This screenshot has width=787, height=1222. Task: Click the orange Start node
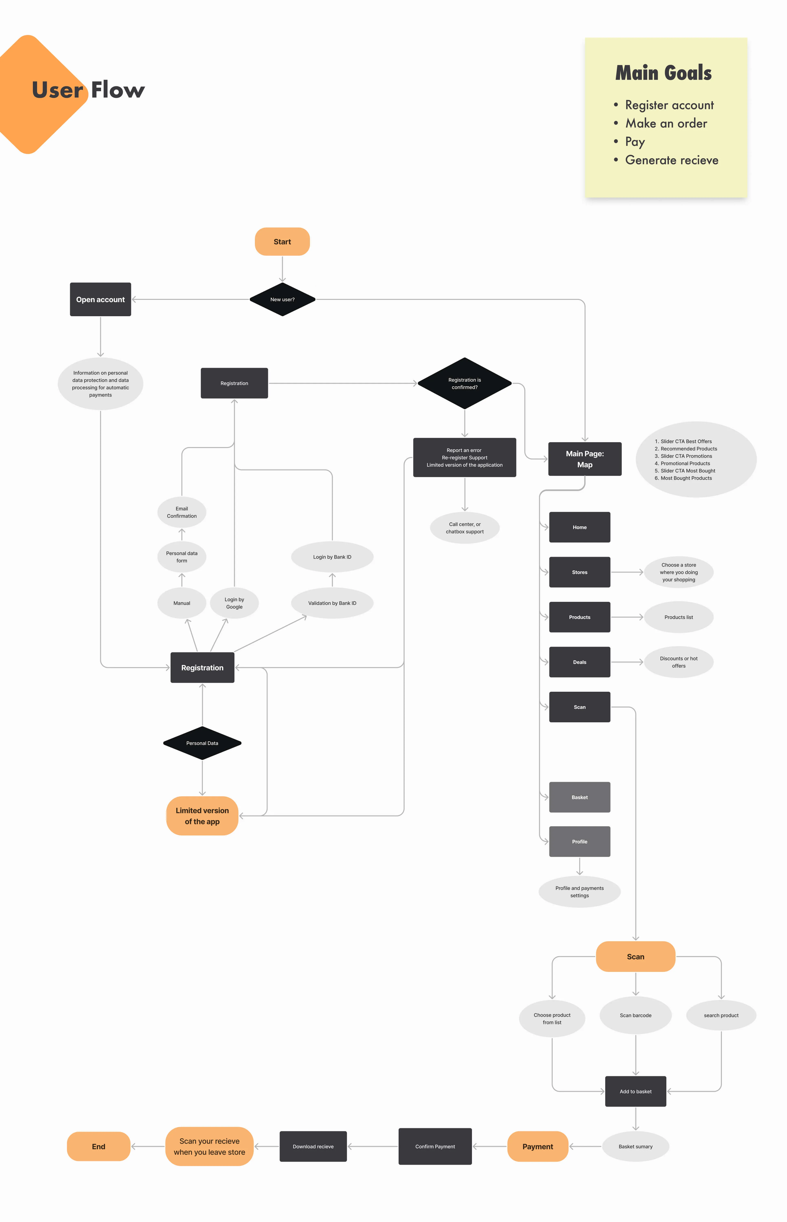(x=282, y=241)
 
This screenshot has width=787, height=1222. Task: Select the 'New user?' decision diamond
(x=282, y=299)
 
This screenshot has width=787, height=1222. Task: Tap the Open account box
(x=100, y=299)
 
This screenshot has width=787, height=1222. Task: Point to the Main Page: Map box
(x=585, y=459)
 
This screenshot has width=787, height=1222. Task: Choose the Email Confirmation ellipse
(x=181, y=512)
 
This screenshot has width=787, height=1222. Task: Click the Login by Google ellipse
(x=234, y=603)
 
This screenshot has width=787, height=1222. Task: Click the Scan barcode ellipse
(x=635, y=1015)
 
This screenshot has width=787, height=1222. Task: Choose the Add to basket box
(x=635, y=1091)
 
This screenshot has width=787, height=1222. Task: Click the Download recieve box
(x=313, y=1146)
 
